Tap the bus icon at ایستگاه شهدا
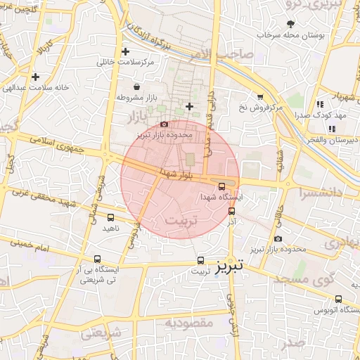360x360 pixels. (x=222, y=186)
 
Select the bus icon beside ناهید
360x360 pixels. (x=110, y=217)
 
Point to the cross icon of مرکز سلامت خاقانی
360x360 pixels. (x=125, y=52)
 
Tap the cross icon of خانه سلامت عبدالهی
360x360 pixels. (x=35, y=77)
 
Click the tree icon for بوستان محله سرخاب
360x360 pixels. (x=290, y=24)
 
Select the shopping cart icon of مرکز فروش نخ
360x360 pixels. (x=260, y=97)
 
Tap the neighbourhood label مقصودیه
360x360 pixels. (x=189, y=323)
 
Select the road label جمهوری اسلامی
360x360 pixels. (x=67, y=146)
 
